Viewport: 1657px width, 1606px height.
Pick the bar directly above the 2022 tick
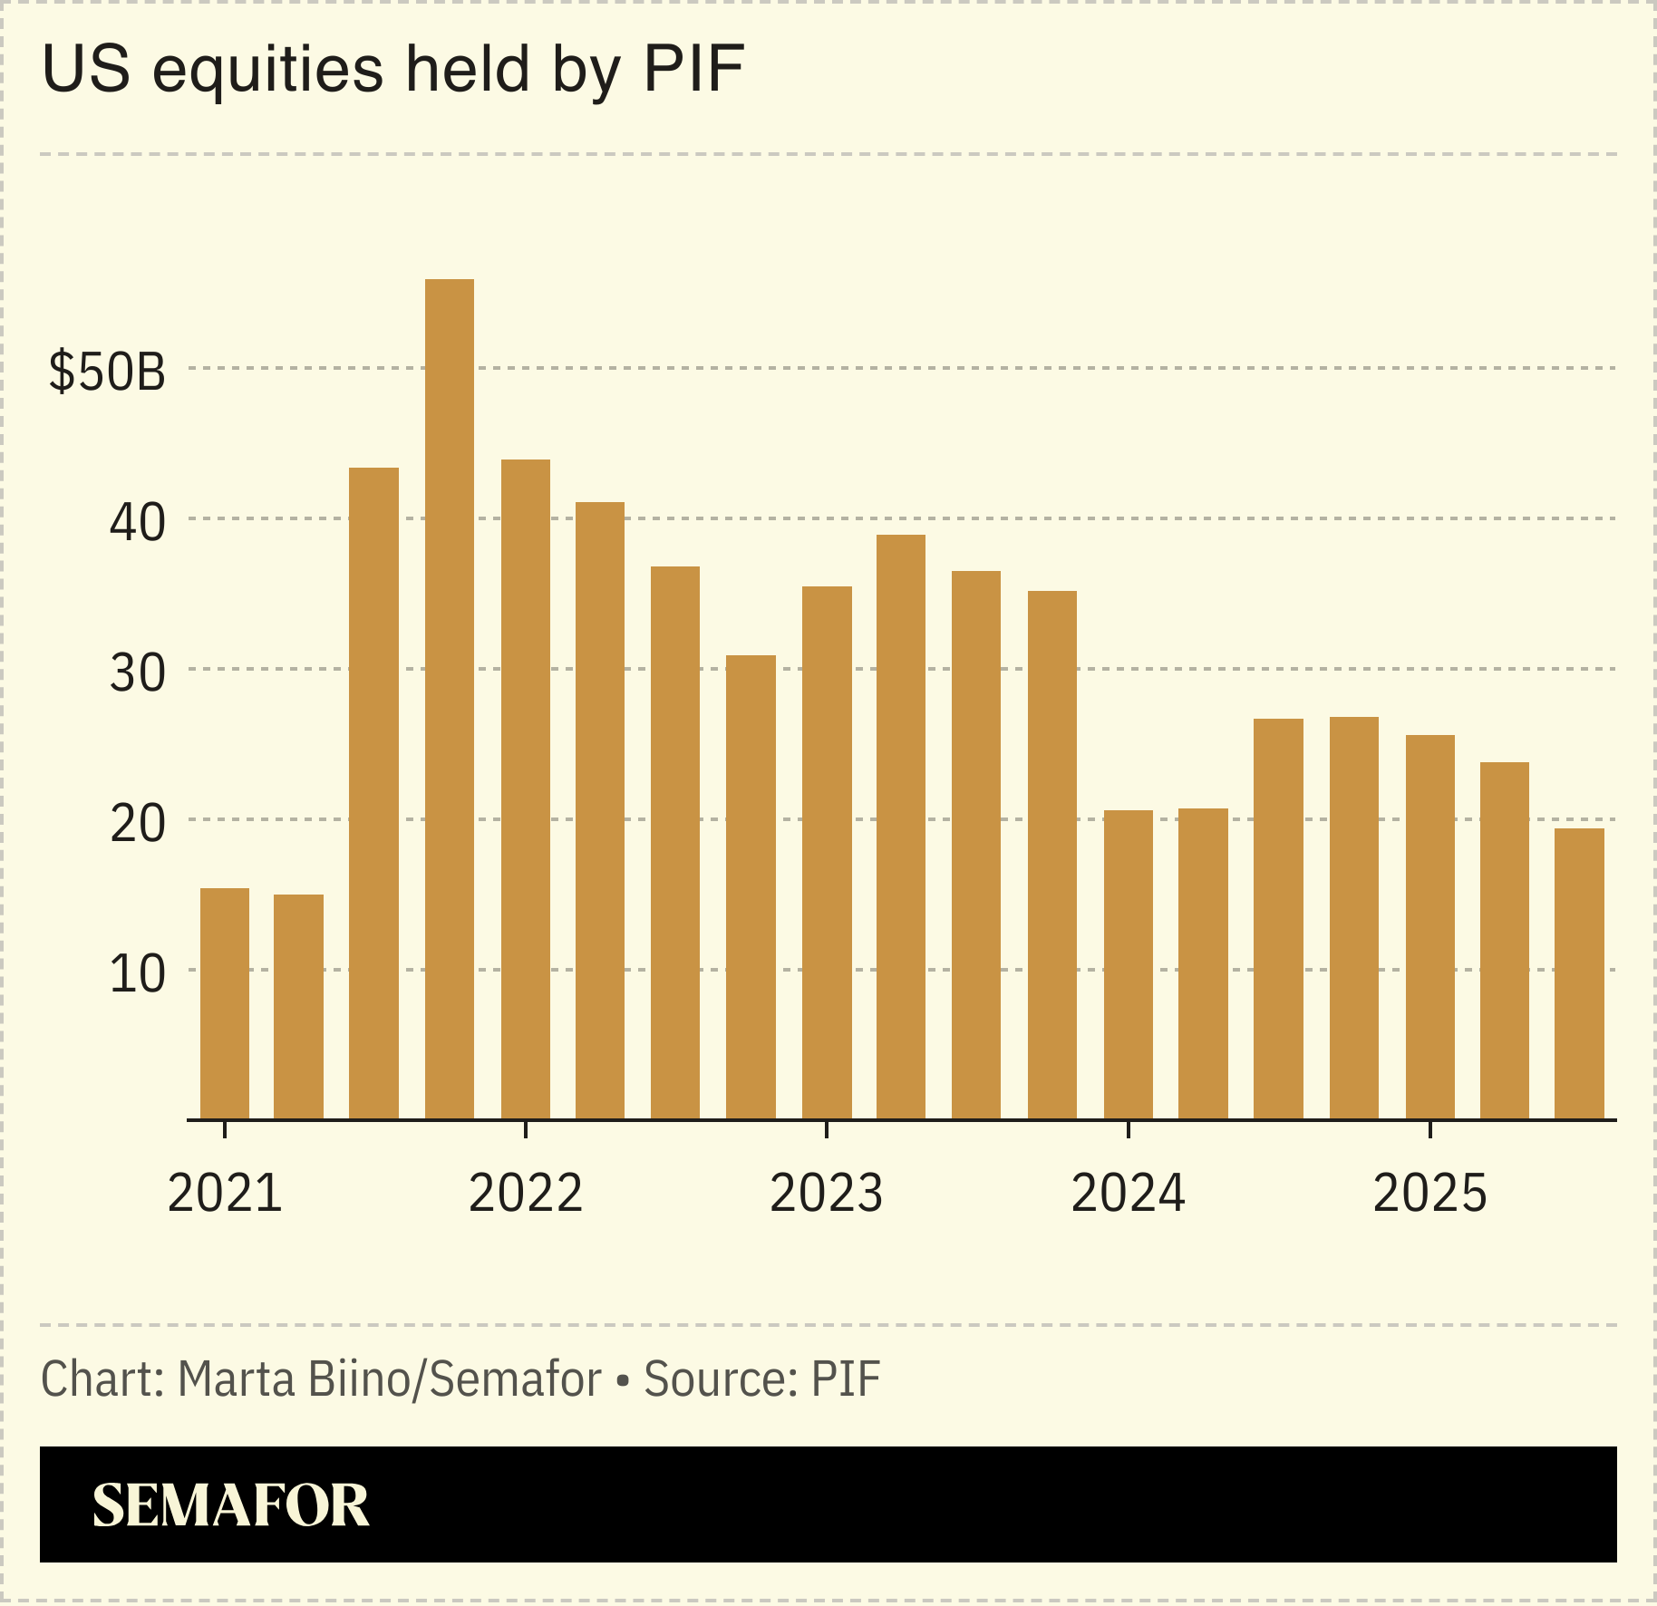pyautogui.click(x=525, y=788)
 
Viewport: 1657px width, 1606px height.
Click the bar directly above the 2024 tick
pyautogui.click(x=1128, y=964)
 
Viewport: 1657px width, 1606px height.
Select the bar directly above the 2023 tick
pyautogui.click(x=826, y=852)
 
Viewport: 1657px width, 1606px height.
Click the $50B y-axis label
pyautogui.click(x=108, y=372)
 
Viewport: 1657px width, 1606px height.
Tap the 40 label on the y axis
pyautogui.click(x=137, y=522)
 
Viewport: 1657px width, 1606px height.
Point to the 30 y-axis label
pyautogui.click(x=137, y=672)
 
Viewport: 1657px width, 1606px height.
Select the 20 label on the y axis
pyautogui.click(x=137, y=823)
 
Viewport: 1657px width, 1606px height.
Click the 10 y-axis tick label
pyautogui.click(x=137, y=973)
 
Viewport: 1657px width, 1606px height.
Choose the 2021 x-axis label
pyautogui.click(x=225, y=1193)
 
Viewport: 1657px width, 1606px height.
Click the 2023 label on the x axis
pyautogui.click(x=826, y=1193)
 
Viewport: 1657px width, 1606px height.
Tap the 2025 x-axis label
pyautogui.click(x=1429, y=1193)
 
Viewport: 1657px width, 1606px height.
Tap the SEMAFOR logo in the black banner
pyautogui.click(x=231, y=1505)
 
